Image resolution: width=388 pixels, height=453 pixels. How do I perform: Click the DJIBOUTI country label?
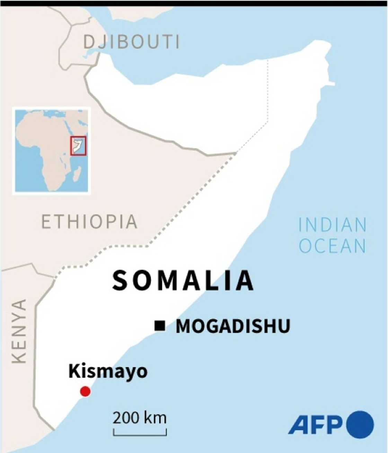tap(132, 42)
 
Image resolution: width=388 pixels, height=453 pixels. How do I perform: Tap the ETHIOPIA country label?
tap(89, 222)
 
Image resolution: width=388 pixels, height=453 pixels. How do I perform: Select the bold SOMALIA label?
tap(183, 280)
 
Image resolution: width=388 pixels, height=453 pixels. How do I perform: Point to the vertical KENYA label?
tap(19, 331)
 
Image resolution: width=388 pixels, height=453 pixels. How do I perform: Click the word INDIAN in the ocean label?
tap(332, 225)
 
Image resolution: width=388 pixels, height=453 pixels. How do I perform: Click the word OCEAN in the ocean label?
tap(332, 246)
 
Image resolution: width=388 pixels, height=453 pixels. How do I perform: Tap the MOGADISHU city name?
tap(233, 326)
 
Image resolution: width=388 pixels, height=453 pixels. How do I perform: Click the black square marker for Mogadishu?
tap(160, 326)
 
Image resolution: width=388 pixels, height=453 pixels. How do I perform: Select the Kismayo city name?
tap(108, 371)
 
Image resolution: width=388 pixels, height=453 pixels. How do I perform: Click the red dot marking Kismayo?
tap(85, 392)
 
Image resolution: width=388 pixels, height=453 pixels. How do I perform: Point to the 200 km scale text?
tap(140, 418)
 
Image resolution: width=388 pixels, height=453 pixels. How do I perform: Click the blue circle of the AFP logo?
tap(360, 424)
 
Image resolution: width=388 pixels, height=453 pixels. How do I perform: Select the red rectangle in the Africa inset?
tap(78, 146)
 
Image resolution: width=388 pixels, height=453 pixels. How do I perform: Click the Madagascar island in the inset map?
tap(77, 174)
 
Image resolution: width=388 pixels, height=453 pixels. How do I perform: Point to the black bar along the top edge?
tap(194, 3)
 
